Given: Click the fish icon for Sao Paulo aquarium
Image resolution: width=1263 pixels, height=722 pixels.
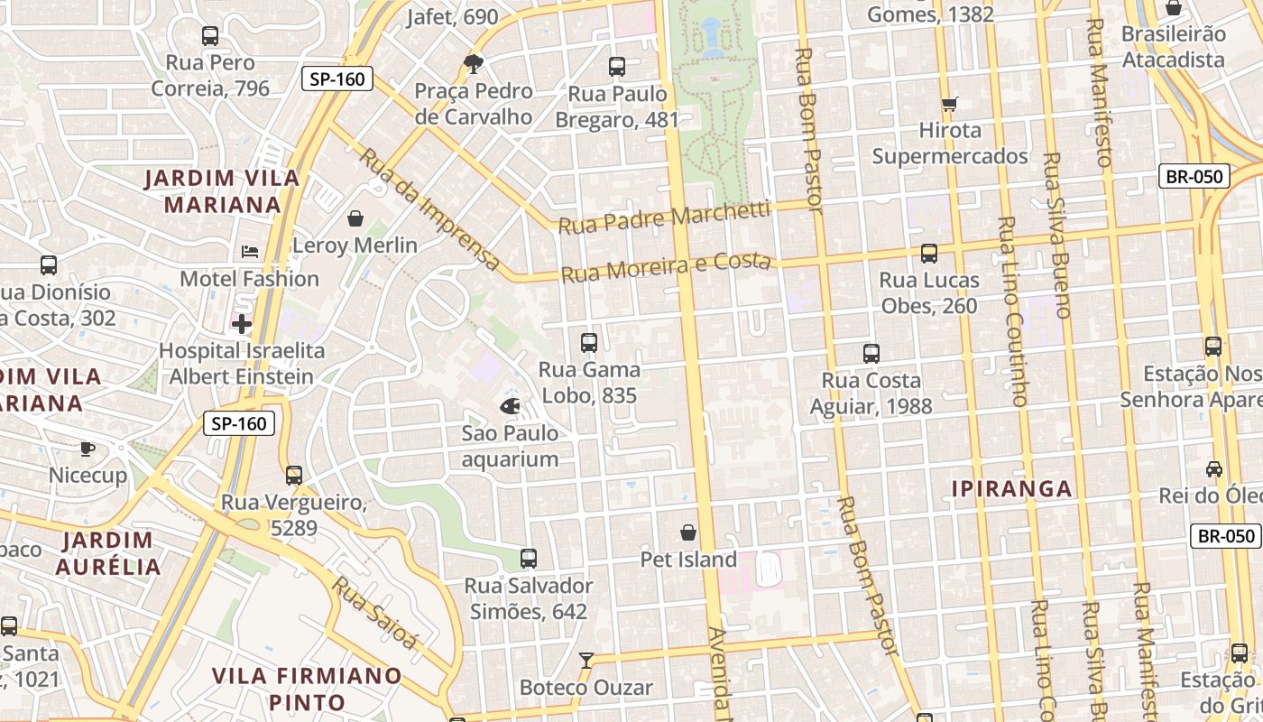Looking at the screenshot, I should pos(510,406).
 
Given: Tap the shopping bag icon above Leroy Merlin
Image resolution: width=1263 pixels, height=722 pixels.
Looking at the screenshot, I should pos(355,218).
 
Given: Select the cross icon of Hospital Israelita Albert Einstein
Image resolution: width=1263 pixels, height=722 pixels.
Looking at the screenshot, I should pos(242,323).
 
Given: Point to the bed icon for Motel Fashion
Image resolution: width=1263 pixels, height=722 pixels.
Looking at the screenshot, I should pos(250,252).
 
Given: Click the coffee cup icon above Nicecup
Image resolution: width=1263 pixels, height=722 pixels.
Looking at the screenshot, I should pos(88,448).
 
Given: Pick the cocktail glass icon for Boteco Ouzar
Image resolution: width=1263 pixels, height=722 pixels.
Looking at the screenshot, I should pos(586,661).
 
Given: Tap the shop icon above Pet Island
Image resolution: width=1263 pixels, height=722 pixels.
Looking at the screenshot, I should pos(688,532).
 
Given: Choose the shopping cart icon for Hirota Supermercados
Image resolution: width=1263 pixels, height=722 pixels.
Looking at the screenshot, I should pos(949,104).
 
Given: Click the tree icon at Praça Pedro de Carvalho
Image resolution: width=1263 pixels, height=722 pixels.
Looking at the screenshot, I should pos(473,63).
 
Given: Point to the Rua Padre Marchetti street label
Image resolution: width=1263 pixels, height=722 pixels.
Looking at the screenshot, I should pos(664,218).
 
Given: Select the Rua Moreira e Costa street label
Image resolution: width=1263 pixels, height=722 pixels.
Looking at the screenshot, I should pos(666,267).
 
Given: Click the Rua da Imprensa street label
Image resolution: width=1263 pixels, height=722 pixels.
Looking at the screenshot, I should pos(430,209).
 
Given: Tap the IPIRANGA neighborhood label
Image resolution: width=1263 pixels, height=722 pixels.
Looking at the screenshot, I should pos(1012,489).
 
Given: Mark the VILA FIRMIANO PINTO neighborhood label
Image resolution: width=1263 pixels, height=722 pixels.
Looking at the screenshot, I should pos(307,689).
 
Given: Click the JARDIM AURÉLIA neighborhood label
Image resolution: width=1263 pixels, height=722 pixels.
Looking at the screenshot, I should pos(107,553).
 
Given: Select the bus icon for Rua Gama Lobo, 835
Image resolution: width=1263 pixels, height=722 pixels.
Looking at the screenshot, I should pos(589,343).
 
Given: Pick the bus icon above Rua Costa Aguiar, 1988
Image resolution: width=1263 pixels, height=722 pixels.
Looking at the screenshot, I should pos(871,354).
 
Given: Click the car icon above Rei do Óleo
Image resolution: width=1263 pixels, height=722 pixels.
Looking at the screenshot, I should pos(1214,469).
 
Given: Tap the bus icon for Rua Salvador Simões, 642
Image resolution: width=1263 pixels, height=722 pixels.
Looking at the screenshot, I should pos(529,559).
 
